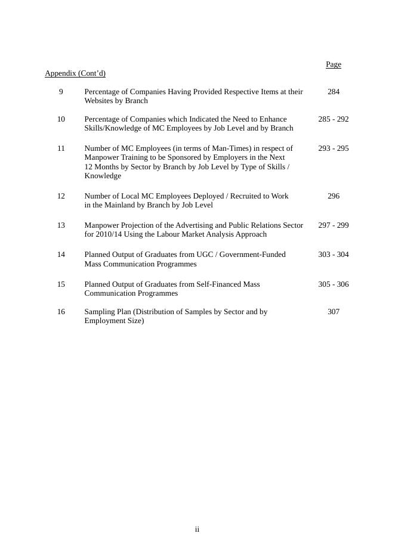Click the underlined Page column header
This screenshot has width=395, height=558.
(334, 64)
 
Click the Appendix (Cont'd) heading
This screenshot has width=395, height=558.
(75, 73)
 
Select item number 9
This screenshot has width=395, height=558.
(61, 92)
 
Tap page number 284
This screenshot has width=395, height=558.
(334, 92)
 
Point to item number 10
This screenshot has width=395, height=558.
(61, 119)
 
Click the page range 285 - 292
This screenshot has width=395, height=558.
(334, 119)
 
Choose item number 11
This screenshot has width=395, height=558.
(61, 148)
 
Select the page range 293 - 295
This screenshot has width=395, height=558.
(334, 148)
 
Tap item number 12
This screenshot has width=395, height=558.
(61, 196)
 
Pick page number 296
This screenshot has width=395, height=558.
(334, 196)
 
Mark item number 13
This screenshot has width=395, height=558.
(61, 225)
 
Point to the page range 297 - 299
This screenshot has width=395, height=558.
(334, 225)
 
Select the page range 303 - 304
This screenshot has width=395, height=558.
(334, 255)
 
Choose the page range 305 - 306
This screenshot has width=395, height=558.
(334, 284)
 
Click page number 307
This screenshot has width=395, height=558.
(334, 312)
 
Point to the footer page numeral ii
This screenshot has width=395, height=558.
(197, 529)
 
